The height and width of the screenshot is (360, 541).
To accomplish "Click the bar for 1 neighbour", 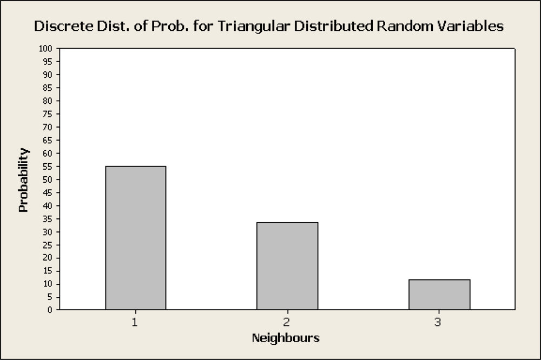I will coord(136,238).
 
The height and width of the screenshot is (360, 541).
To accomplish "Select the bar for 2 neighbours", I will coord(287,266).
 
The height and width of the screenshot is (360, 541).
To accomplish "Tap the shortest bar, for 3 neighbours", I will coord(439,295).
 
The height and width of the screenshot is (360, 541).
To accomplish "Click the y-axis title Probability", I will coord(23,179).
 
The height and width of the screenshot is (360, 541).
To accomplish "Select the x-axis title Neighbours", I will coord(286,339).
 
